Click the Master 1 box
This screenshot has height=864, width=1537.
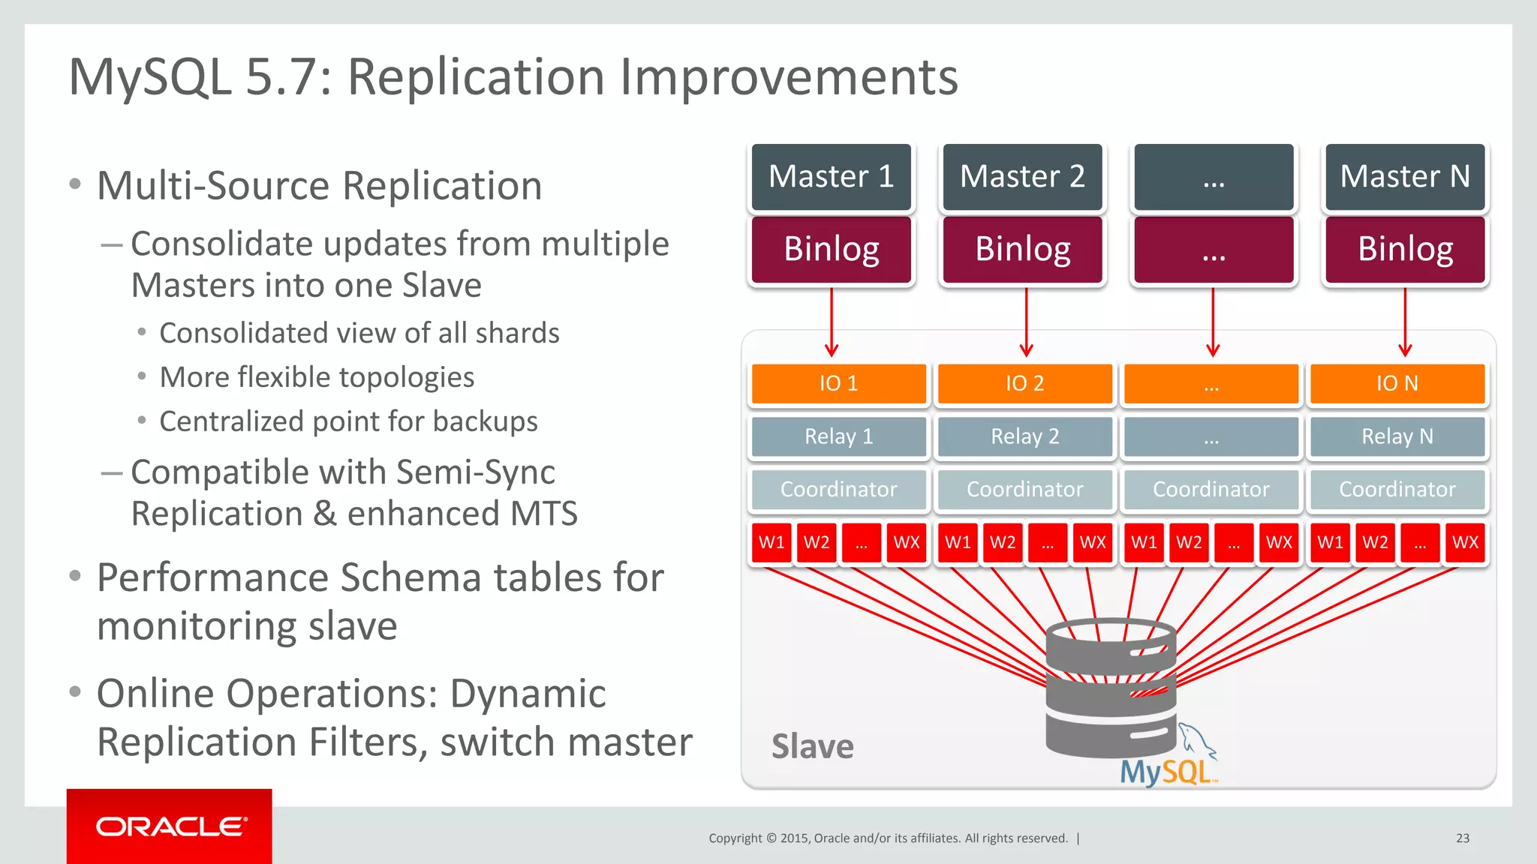(832, 177)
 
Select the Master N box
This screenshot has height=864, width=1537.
(1405, 177)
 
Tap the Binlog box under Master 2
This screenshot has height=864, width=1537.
(1023, 249)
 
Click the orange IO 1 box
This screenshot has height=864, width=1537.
(838, 383)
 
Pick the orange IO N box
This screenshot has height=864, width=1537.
(1397, 383)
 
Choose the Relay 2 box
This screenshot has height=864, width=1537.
(1024, 436)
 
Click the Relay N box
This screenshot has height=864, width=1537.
(1397, 436)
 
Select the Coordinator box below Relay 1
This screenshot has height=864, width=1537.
(838, 489)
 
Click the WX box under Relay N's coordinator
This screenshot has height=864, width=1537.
(1464, 542)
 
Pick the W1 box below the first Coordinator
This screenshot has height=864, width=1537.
(772, 542)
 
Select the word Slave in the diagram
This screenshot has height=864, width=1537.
(812, 747)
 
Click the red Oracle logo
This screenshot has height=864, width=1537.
(170, 826)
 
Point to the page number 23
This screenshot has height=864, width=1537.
(1462, 838)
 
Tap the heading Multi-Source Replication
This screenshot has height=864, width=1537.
(320, 186)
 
